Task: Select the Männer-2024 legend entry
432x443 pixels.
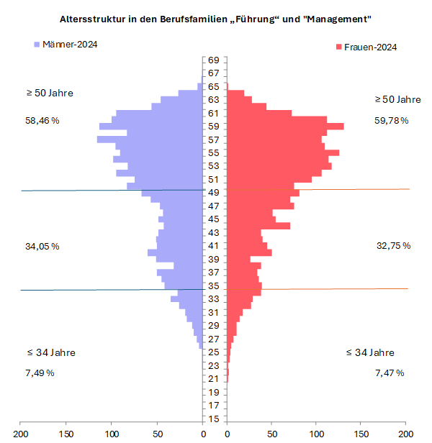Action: click(66, 45)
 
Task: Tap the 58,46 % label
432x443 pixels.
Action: click(42, 121)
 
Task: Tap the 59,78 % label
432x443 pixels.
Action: click(391, 121)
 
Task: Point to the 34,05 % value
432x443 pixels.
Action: click(42, 247)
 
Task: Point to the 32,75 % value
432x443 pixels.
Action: click(393, 246)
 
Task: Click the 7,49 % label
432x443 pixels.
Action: click(40, 373)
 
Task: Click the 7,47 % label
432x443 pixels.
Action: click(390, 373)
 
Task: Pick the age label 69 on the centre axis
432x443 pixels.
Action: click(214, 60)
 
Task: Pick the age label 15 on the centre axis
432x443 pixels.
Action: click(214, 419)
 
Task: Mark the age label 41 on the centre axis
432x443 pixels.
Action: click(214, 246)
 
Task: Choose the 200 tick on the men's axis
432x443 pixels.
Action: click(22, 434)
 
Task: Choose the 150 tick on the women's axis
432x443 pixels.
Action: click(361, 434)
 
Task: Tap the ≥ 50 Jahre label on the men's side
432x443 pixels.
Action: click(50, 93)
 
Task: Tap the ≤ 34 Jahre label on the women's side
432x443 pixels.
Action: click(369, 352)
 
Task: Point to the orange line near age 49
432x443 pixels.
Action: click(353, 189)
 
